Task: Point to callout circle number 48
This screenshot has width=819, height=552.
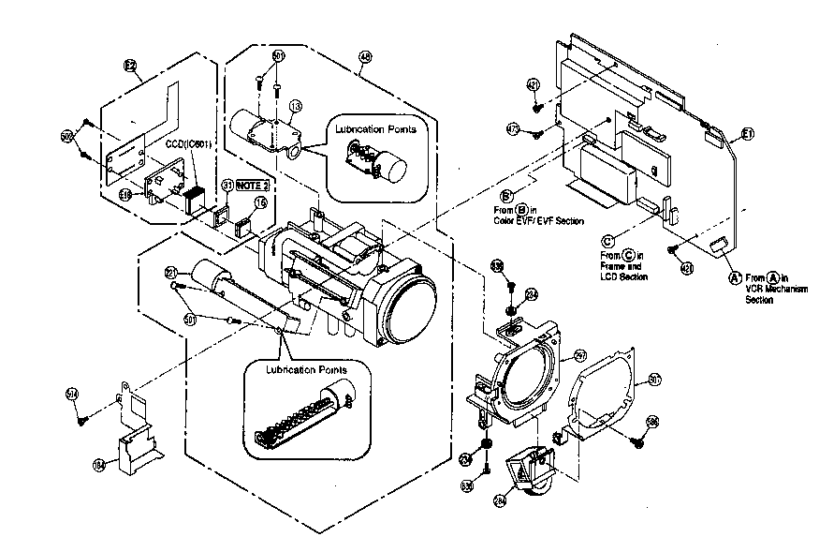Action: click(x=364, y=57)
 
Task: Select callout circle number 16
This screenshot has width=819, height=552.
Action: click(x=261, y=201)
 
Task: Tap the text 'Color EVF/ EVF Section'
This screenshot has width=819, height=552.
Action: click(x=543, y=221)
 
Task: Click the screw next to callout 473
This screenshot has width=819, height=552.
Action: click(x=536, y=134)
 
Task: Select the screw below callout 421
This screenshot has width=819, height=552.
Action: click(x=537, y=107)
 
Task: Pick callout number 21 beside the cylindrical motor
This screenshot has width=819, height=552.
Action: click(x=171, y=272)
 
